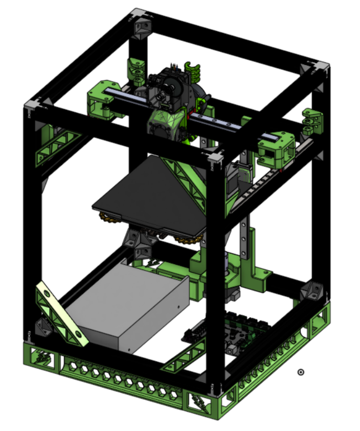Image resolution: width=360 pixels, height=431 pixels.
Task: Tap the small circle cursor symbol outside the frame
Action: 301,372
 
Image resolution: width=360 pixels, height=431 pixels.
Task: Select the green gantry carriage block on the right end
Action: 276,147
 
